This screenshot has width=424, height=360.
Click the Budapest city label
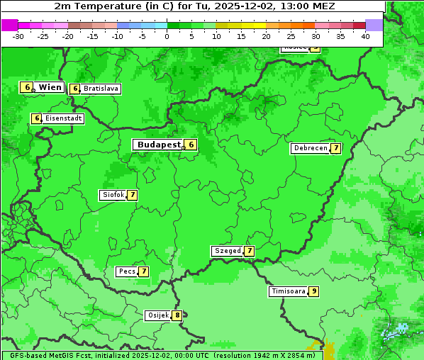pyautogui.click(x=159, y=145)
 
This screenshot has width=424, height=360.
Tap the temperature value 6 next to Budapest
pyautogui.click(x=191, y=145)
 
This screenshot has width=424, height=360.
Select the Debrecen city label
pyautogui.click(x=310, y=149)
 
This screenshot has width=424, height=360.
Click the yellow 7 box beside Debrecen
pyautogui.click(x=335, y=149)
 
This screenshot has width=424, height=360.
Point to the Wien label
pyautogui.click(x=50, y=87)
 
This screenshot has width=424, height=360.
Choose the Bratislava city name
pyautogui.click(x=100, y=89)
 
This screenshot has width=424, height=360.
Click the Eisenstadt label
pyautogui.click(x=63, y=119)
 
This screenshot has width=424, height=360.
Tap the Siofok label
pyautogui.click(x=113, y=195)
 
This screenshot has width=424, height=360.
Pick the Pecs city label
pyautogui.click(x=127, y=271)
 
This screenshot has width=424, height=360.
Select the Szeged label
pyautogui.click(x=228, y=251)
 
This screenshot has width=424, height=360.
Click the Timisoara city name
pyautogui.click(x=289, y=291)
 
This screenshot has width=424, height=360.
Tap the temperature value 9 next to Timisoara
pyautogui.click(x=313, y=291)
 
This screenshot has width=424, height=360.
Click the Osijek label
pyautogui.click(x=157, y=315)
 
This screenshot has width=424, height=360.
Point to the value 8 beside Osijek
pyautogui.click(x=177, y=315)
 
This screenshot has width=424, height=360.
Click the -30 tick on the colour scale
pyautogui.click(x=18, y=36)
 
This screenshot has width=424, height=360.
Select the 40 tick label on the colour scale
pyautogui.click(x=365, y=36)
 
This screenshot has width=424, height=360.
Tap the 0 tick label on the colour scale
pyautogui.click(x=167, y=36)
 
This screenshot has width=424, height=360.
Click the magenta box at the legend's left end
pyautogui.click(x=9, y=25)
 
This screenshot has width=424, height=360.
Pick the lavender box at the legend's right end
pyautogui.click(x=374, y=25)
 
